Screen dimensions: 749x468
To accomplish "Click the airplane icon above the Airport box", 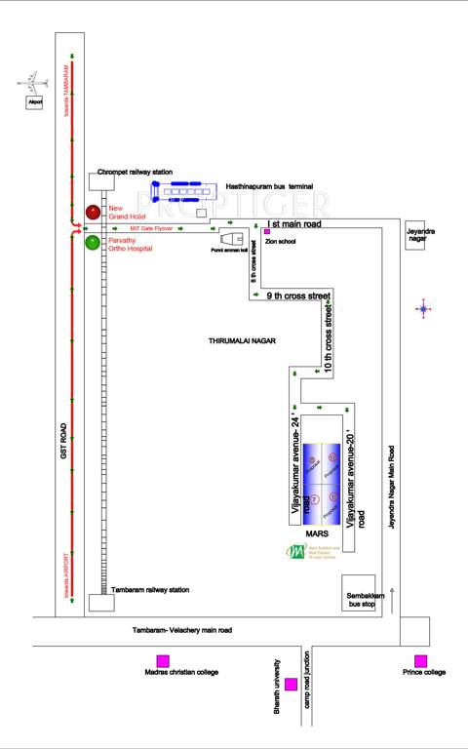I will click(x=32, y=81).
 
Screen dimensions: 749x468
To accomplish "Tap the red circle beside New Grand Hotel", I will click(x=93, y=212).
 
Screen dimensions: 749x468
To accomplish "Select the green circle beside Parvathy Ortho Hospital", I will click(x=93, y=243).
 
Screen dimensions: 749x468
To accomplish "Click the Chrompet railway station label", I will click(x=135, y=171).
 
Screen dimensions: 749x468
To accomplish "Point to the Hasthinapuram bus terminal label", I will click(x=268, y=183).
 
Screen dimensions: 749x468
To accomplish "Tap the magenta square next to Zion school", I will click(x=266, y=231).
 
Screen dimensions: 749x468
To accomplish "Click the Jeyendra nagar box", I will click(x=420, y=235).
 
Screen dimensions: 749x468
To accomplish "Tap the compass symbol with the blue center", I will click(x=423, y=309).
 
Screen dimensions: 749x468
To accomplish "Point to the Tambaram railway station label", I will click(x=149, y=590).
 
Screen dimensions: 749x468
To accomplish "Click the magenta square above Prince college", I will click(x=420, y=660).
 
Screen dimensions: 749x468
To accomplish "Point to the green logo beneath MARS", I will click(x=294, y=552).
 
